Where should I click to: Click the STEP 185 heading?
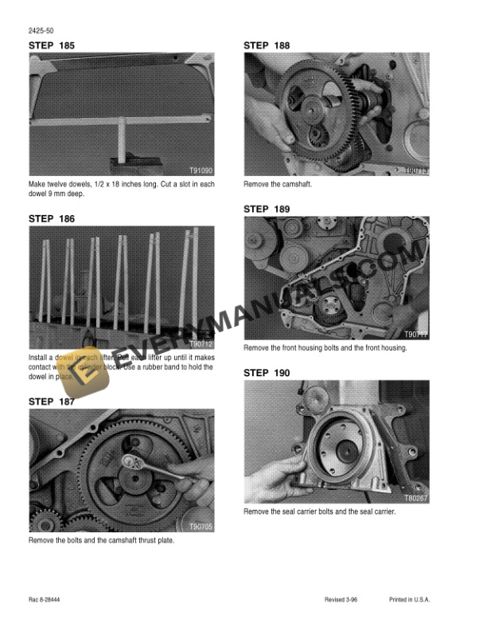click(x=53, y=46)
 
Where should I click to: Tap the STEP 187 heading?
click(x=53, y=402)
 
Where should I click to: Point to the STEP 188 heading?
click(x=267, y=46)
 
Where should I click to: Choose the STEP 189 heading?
click(x=267, y=210)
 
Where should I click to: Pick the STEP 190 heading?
click(x=267, y=373)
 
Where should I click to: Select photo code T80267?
click(x=416, y=498)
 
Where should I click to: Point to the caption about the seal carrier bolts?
click(x=319, y=511)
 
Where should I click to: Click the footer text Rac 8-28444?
click(x=46, y=598)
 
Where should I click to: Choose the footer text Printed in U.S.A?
click(x=410, y=598)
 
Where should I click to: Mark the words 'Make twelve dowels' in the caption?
click(x=57, y=185)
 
